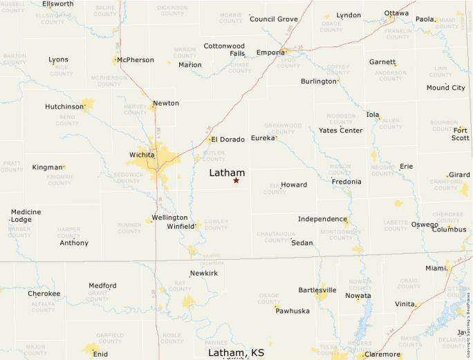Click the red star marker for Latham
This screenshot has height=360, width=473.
pyautogui.click(x=236, y=180)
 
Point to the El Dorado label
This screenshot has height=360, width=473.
pyautogui.click(x=228, y=140)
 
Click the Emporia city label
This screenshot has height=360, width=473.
pyautogui.click(x=270, y=53)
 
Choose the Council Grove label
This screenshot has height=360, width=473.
pyautogui.click(x=273, y=19)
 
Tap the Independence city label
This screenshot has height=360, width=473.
pyautogui.click(x=322, y=219)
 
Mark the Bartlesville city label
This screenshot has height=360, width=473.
pyautogui.click(x=317, y=290)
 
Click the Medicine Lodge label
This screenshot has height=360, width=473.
pyautogui.click(x=26, y=216)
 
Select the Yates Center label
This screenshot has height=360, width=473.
pyautogui.click(x=340, y=131)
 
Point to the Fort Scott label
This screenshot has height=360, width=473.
pyautogui.click(x=461, y=133)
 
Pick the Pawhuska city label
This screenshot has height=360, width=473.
pyautogui.click(x=293, y=311)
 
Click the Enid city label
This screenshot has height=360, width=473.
pyautogui.click(x=101, y=354)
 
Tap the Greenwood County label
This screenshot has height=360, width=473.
pyautogui.click(x=283, y=129)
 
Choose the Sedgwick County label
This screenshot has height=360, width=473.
pyautogui.click(x=129, y=178)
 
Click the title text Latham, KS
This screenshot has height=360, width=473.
pyautogui.click(x=236, y=353)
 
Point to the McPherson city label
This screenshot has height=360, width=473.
pyautogui.click(x=136, y=60)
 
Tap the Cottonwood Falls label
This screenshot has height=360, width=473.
pyautogui.click(x=224, y=50)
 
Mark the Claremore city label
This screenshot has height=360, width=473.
pyautogui.click(x=382, y=355)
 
